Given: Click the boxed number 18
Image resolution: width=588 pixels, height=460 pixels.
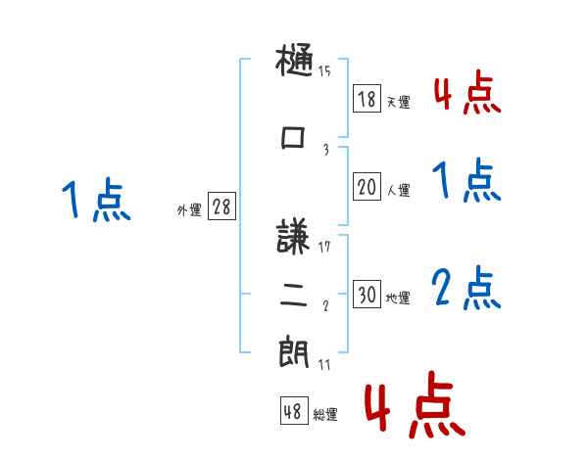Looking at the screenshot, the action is pos(367,98).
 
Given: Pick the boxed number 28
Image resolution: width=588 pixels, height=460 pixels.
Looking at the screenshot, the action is pos(221,207).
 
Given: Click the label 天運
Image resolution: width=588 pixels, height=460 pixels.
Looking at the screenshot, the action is pos(398,102).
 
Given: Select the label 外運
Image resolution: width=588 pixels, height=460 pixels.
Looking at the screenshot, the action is pos(188,209).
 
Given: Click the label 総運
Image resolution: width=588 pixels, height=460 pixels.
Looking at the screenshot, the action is pos(325,415).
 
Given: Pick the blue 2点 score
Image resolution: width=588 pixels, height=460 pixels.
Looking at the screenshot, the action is pos(466,288).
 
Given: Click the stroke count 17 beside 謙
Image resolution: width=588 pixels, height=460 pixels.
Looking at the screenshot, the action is pos(324,246).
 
